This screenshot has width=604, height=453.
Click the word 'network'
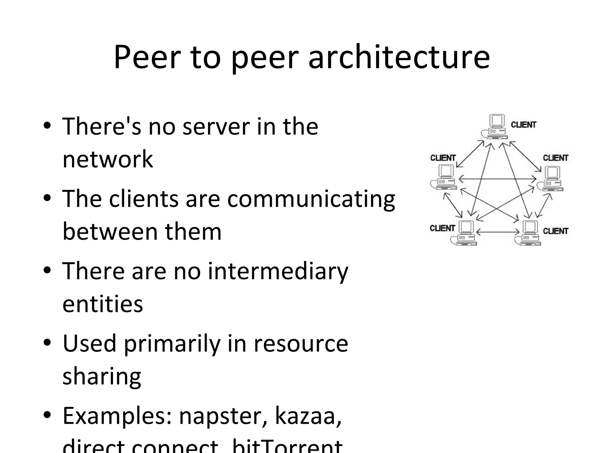[108, 159]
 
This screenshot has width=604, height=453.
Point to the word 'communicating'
[311, 199]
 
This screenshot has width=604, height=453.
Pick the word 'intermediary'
[278, 271]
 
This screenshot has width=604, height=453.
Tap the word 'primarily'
[172, 344]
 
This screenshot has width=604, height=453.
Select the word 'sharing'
[102, 377]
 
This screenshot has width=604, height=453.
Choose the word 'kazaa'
[308, 416]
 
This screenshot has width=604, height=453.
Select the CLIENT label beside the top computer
[523, 125]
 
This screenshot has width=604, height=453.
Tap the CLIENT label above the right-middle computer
[555, 158]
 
